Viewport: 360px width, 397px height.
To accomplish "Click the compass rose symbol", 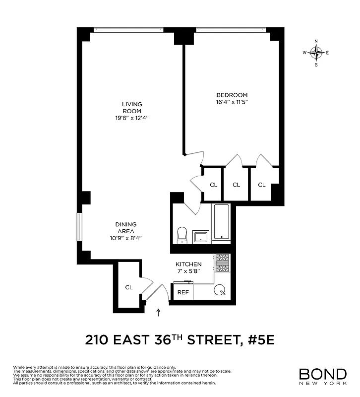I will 316,52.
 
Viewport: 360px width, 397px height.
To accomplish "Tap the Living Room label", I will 132,107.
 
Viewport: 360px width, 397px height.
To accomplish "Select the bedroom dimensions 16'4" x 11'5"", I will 232,102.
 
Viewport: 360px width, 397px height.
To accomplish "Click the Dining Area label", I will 126,228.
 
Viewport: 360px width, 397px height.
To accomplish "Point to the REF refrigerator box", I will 183,292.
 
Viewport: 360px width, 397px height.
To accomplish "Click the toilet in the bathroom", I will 182,234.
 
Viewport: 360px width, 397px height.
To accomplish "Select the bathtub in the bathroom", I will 222,223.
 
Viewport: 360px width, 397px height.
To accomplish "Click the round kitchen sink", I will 220,290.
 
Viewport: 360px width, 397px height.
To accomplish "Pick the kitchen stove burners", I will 222,264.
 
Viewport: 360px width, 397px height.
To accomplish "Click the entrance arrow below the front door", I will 159,312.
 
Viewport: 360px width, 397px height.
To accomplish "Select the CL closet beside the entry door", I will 129,287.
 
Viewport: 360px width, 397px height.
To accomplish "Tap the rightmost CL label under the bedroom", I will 261,185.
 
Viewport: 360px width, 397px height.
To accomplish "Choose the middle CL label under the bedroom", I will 236,185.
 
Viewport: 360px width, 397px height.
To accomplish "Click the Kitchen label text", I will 188,264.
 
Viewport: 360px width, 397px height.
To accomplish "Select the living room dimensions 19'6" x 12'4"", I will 132,118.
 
